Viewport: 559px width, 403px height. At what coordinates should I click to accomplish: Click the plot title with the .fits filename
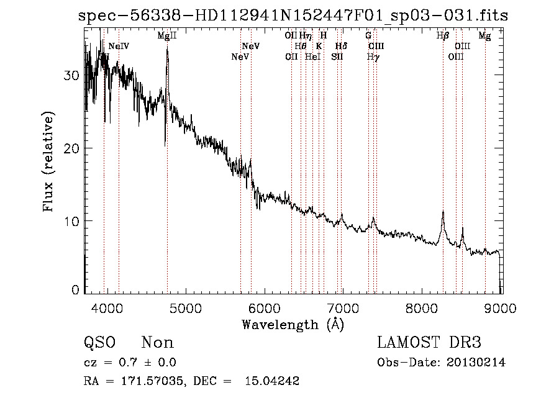[293, 16]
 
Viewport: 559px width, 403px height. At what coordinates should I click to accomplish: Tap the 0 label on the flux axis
[76, 290]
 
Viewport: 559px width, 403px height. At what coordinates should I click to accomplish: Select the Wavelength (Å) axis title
[293, 324]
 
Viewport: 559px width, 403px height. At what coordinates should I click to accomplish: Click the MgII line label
[167, 37]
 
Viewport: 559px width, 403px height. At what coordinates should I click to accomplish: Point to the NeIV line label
[119, 47]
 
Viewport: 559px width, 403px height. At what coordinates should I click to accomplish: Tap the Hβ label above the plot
[442, 37]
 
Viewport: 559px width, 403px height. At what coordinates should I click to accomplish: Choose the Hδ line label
[341, 47]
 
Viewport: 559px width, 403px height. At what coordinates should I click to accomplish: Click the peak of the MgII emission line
[167, 48]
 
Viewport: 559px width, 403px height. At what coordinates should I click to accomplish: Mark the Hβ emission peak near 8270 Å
[443, 212]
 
